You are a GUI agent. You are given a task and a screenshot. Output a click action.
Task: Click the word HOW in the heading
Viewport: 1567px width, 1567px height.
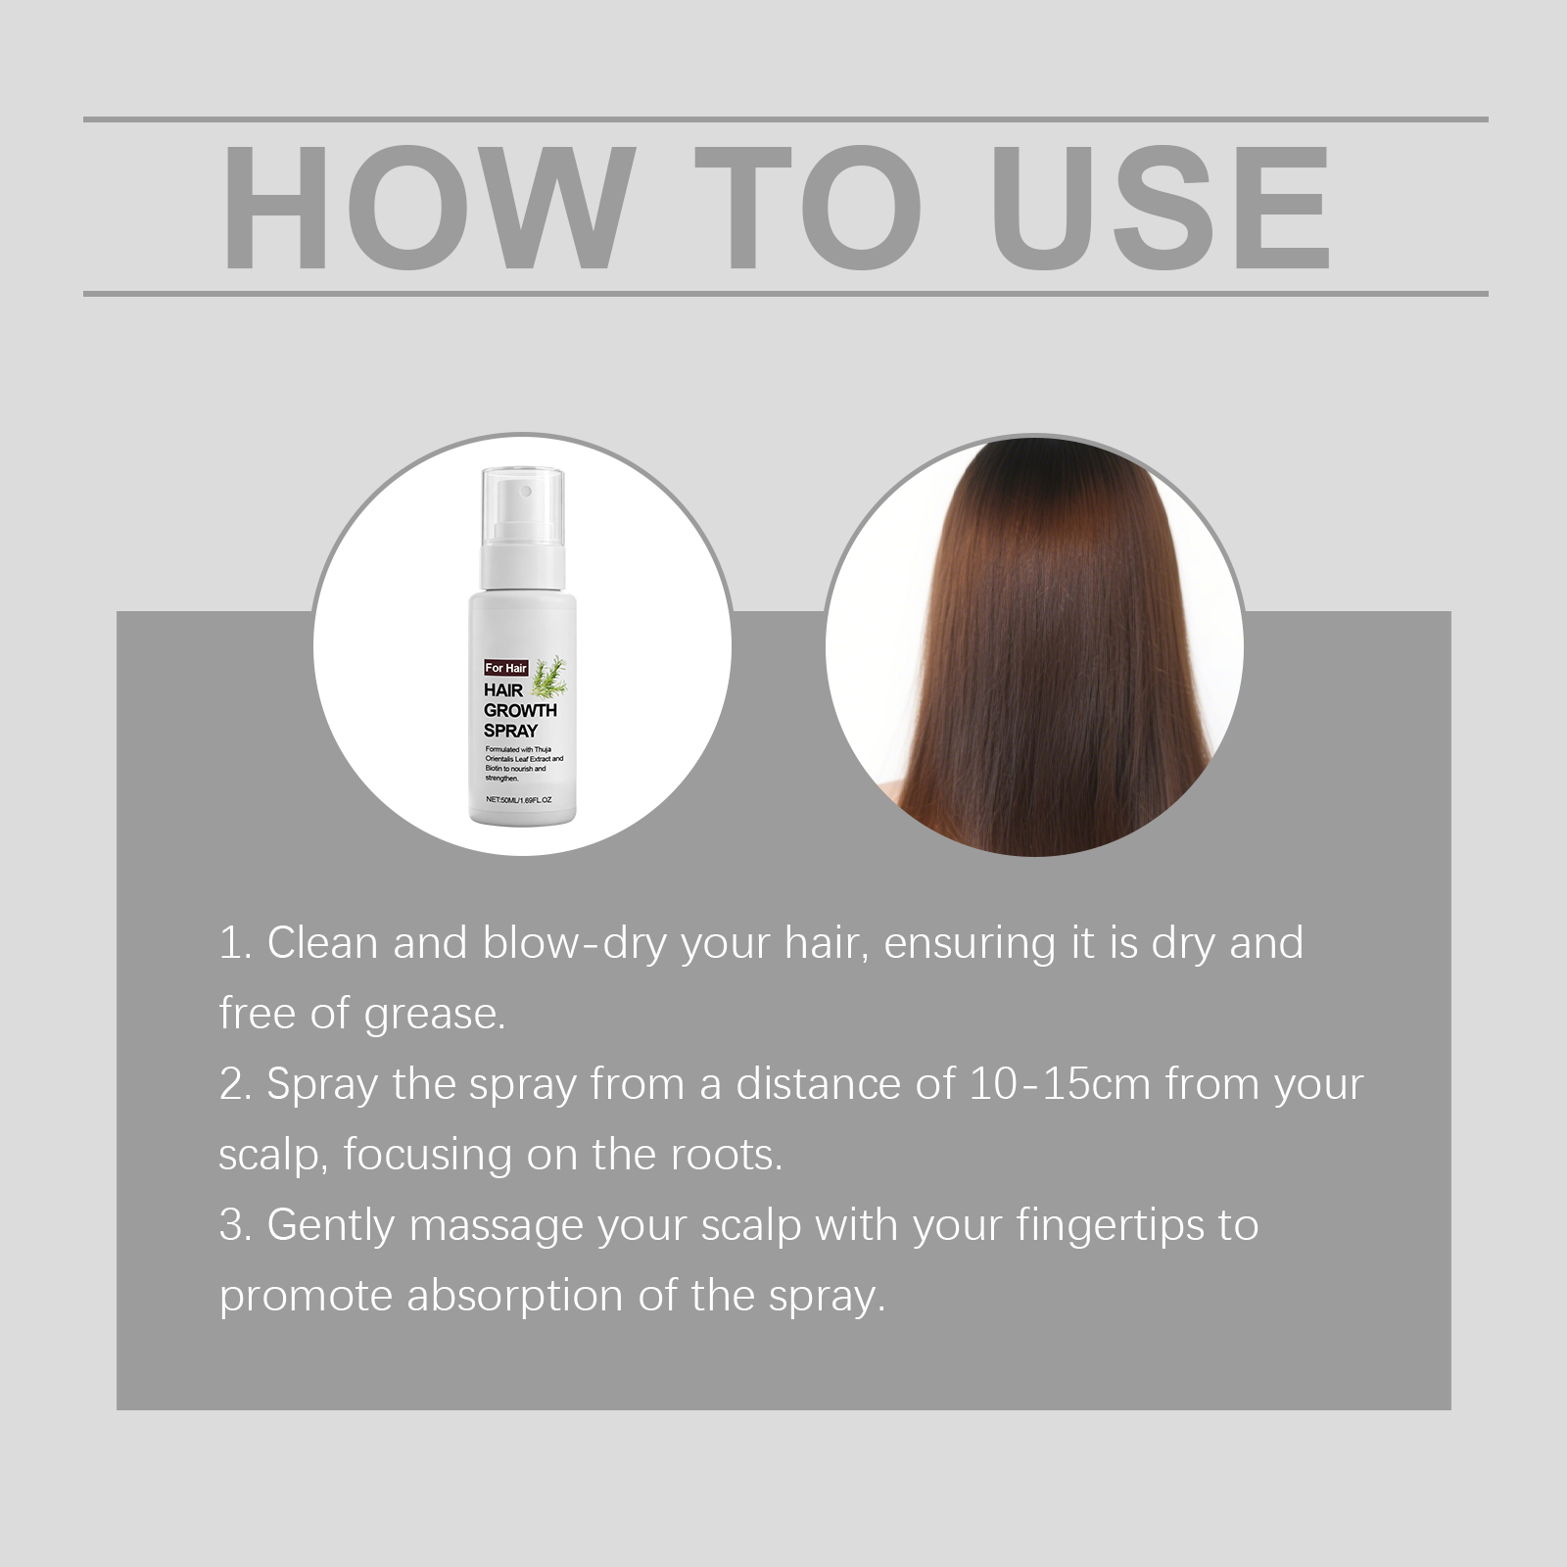[x=424, y=208]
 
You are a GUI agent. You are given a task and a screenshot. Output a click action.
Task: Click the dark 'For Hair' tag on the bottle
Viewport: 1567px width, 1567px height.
[x=506, y=668]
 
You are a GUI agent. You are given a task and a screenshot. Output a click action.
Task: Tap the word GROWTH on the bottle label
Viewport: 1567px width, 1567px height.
[x=520, y=710]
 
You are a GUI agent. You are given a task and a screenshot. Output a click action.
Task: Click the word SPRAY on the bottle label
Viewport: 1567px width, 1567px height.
[x=510, y=731]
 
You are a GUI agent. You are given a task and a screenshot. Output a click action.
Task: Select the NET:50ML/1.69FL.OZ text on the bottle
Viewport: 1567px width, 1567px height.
[x=519, y=799]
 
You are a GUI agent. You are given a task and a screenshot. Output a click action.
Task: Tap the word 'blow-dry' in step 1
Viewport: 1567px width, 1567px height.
[x=575, y=944]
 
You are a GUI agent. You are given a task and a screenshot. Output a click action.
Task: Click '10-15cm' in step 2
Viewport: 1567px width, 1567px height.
[x=1060, y=1084]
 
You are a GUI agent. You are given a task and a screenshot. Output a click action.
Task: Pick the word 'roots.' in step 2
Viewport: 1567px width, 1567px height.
[x=727, y=1155]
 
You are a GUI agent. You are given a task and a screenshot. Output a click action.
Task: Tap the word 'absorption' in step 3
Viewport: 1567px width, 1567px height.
[x=516, y=1297]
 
